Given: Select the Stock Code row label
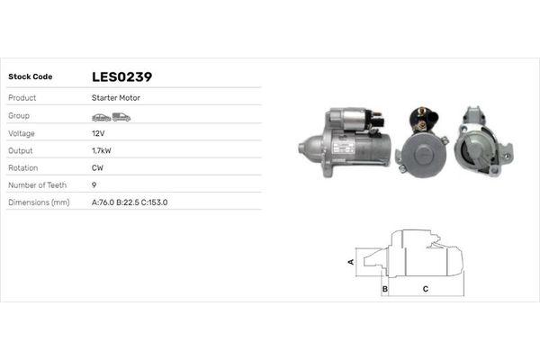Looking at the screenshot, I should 31,77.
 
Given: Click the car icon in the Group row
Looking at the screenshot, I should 101,117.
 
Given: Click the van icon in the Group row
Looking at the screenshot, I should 121,117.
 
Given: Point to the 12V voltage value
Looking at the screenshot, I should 98,132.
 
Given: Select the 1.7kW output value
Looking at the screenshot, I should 102,150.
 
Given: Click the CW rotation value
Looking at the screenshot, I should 97,167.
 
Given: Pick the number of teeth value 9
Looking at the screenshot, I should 94,184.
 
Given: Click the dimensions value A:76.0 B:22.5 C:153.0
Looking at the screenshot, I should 130,202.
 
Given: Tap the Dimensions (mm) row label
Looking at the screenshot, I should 39,202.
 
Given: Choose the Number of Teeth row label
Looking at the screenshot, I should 39,184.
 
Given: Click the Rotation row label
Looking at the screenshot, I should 23,167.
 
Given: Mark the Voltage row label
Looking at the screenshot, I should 22,132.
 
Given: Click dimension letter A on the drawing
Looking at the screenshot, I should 351,262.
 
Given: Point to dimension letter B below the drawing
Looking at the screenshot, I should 384,290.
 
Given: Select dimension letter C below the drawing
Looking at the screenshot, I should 425,290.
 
